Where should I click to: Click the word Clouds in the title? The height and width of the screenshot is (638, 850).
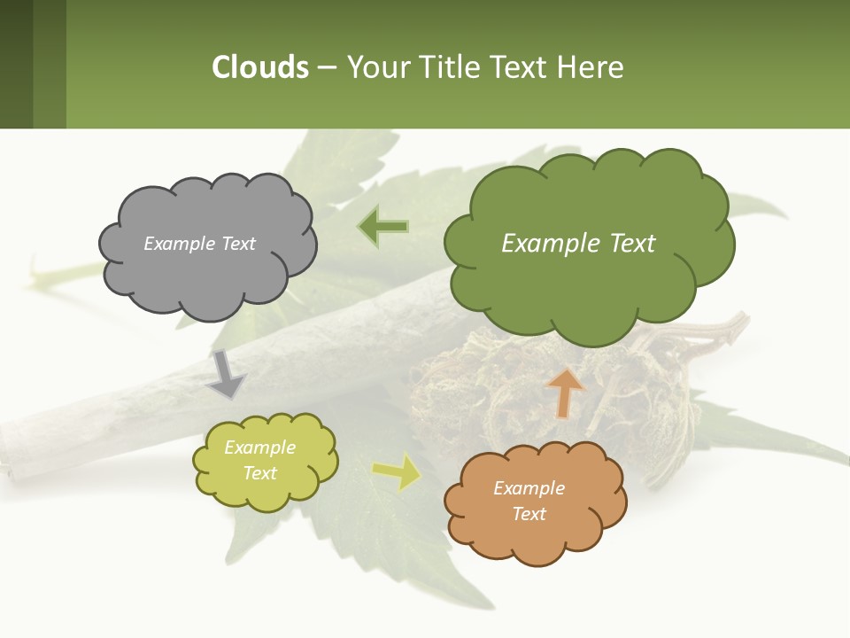pyautogui.click(x=259, y=67)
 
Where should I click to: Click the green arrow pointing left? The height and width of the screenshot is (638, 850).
pyautogui.click(x=383, y=227)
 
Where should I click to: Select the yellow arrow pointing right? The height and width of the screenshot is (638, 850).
pyautogui.click(x=396, y=472)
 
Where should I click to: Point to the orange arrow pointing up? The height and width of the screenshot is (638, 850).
pyautogui.click(x=566, y=393)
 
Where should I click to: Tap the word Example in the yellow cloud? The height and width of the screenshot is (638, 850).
pyautogui.click(x=259, y=448)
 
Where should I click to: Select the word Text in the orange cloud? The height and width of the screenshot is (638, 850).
pyautogui.click(x=529, y=514)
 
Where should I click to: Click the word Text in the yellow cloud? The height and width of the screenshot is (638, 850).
pyautogui.click(x=259, y=473)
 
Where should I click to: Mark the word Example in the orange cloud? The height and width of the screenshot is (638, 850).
pyautogui.click(x=529, y=488)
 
